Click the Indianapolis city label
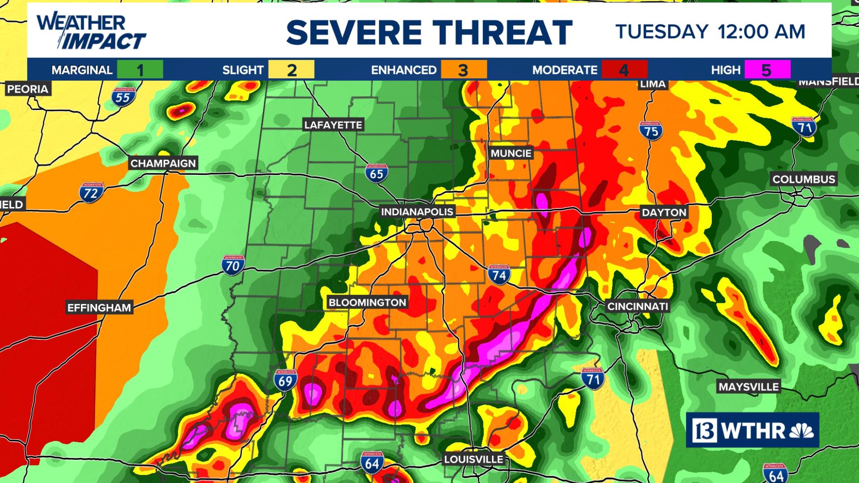pyautogui.click(x=417, y=212)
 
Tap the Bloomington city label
pyautogui.click(x=367, y=302)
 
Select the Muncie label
pyautogui.click(x=511, y=153)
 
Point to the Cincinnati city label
pyautogui.click(x=638, y=306)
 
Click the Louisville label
pyautogui.click(x=473, y=459)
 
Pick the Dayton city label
pyautogui.click(x=664, y=212)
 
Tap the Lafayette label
pyautogui.click(x=333, y=125)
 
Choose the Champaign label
pyautogui.click(x=163, y=163)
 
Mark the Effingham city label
pyautogui.click(x=99, y=308)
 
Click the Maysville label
pyautogui.click(x=748, y=387)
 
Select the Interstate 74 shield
pyautogui.click(x=499, y=274)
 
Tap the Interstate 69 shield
pyautogui.click(x=285, y=380)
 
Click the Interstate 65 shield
pyautogui.click(x=376, y=173)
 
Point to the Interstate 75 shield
pyautogui.click(x=651, y=130)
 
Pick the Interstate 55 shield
pyautogui.click(x=123, y=97)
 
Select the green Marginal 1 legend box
pyautogui.click(x=140, y=70)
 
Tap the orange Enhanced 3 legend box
pyautogui.click(x=464, y=70)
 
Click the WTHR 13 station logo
pyautogui.click(x=753, y=430)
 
